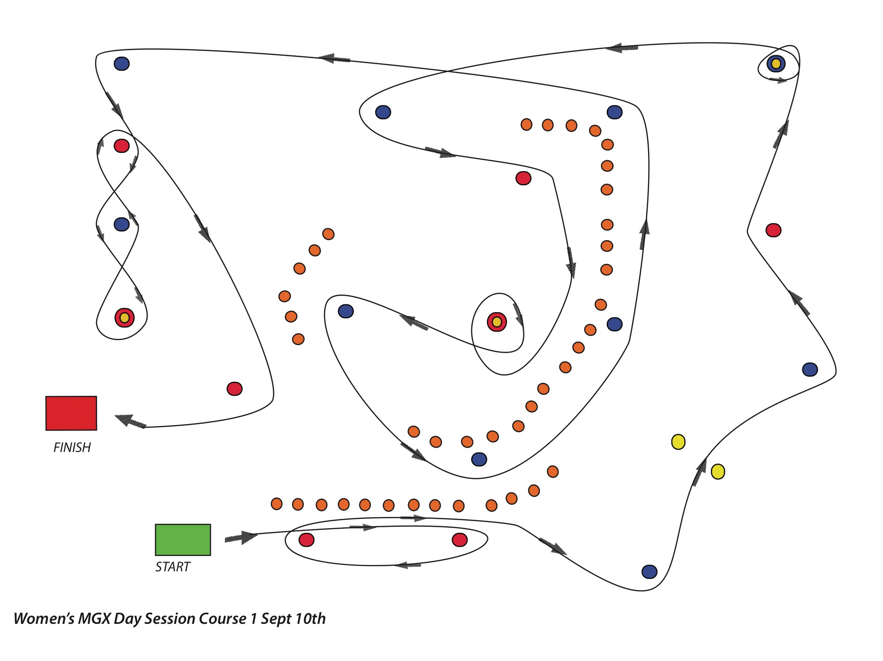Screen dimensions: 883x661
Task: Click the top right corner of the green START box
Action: coord(210,525)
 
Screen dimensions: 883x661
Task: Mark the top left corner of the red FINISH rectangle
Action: coord(46,397)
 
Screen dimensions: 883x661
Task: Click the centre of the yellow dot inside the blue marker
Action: coord(776,64)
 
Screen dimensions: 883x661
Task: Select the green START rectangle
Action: coord(183,540)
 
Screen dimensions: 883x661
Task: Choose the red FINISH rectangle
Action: coord(71,413)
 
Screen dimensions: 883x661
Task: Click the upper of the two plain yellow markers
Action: coord(678,442)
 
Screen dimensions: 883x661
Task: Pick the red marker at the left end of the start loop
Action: coord(306,540)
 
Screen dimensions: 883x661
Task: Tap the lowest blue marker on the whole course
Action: coord(649,572)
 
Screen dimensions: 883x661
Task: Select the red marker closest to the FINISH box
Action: coord(234,388)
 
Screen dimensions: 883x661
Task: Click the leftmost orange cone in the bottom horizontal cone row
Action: coord(276,504)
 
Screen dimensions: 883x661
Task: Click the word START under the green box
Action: coord(173,567)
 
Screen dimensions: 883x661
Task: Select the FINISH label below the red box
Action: coord(72,447)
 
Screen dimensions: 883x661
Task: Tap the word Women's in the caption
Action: coord(44,619)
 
